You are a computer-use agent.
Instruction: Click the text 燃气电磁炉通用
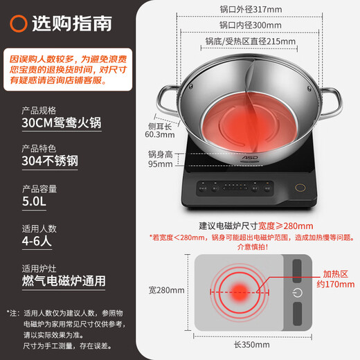64,282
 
